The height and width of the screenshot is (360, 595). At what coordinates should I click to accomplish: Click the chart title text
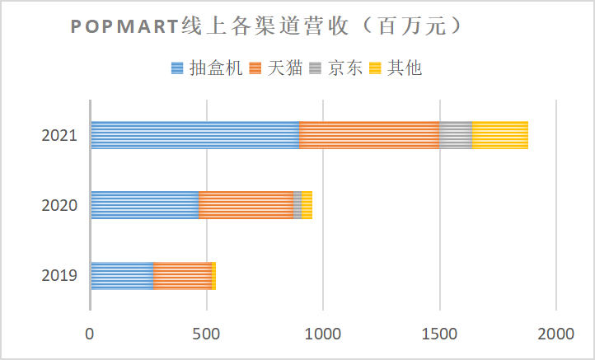click(x=265, y=27)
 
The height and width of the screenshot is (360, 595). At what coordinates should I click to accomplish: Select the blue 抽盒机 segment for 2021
click(x=195, y=135)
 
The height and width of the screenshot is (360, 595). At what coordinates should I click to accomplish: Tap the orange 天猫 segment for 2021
click(x=369, y=135)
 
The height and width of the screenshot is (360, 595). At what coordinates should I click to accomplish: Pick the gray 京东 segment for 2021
click(x=456, y=135)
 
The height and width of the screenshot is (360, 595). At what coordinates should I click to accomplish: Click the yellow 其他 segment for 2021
click(x=500, y=135)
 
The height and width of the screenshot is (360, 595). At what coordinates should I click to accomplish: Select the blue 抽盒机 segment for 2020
click(x=145, y=205)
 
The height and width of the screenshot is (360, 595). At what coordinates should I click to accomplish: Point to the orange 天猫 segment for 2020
click(x=246, y=205)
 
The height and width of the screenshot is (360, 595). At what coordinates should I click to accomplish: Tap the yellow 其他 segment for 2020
click(x=307, y=205)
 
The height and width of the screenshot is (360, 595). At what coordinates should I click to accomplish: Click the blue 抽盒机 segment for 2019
click(x=122, y=276)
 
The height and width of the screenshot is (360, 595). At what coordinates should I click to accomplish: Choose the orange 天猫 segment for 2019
click(x=182, y=276)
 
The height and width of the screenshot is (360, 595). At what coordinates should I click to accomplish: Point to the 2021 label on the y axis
click(x=59, y=136)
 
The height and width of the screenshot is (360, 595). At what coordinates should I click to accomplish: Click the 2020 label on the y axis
click(x=59, y=206)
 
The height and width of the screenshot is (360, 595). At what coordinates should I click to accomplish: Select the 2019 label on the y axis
click(x=59, y=276)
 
